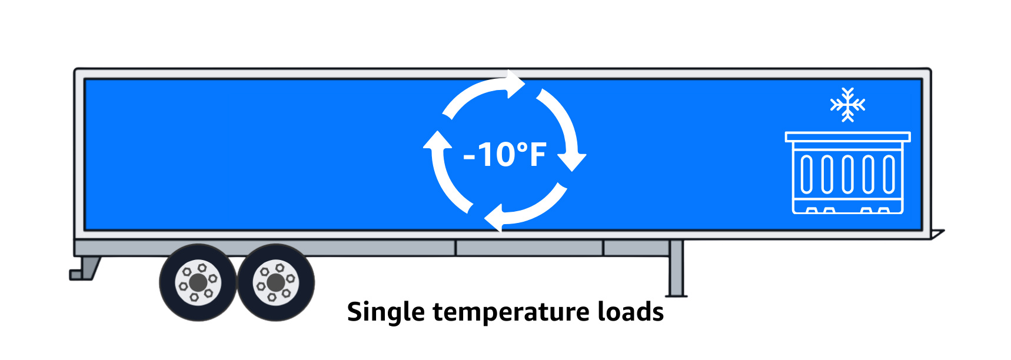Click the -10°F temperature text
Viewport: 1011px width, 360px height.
(x=505, y=155)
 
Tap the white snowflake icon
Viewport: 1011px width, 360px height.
(x=847, y=105)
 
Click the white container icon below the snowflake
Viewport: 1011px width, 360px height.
(x=847, y=173)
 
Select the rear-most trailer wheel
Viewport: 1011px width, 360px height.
(x=198, y=283)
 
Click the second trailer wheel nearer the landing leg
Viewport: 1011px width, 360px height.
(x=275, y=283)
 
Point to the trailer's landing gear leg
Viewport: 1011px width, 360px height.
(x=676, y=268)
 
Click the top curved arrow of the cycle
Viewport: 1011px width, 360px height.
(x=483, y=92)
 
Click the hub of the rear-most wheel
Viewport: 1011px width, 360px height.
(x=198, y=283)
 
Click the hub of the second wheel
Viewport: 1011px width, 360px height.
(x=275, y=283)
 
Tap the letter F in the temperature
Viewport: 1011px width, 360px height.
(x=537, y=155)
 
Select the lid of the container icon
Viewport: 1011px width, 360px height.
(x=847, y=137)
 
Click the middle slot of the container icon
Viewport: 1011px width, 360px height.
(x=847, y=175)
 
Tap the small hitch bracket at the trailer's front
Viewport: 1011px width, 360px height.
(x=937, y=234)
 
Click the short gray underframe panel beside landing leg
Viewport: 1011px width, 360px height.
(x=636, y=248)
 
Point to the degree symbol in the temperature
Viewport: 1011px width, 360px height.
(x=521, y=145)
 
